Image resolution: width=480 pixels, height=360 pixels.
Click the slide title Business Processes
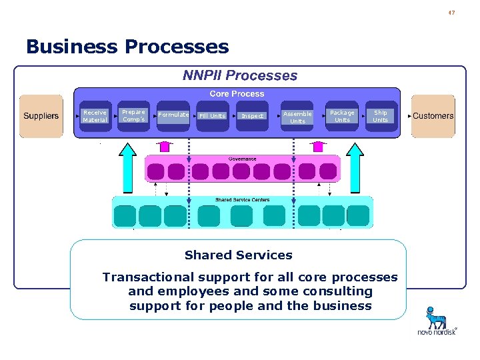click(127, 47)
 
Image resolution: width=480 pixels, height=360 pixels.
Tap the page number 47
click(451, 12)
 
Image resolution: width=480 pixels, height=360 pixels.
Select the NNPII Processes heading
click(240, 75)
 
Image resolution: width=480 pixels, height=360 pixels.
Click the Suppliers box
click(41, 116)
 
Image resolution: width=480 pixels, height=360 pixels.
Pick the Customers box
click(433, 116)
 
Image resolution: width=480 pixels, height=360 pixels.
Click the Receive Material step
click(95, 116)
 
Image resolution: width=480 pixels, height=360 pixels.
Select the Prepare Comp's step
click(133, 115)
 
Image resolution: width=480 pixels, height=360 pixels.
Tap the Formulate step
click(173, 115)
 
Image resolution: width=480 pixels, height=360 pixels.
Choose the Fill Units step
click(212, 116)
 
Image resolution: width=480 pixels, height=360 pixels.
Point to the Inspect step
click(252, 116)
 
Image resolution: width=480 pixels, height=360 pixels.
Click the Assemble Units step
click(297, 117)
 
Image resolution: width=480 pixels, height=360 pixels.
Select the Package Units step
click(342, 116)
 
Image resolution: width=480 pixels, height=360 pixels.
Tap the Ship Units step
click(380, 116)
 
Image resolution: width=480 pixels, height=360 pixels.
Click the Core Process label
click(237, 94)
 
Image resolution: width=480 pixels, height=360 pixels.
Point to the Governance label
click(242, 159)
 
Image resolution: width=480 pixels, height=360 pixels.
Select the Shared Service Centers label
click(242, 200)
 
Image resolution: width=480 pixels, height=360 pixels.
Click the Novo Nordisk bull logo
click(437, 317)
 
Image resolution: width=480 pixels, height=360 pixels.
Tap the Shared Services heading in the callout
click(238, 255)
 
